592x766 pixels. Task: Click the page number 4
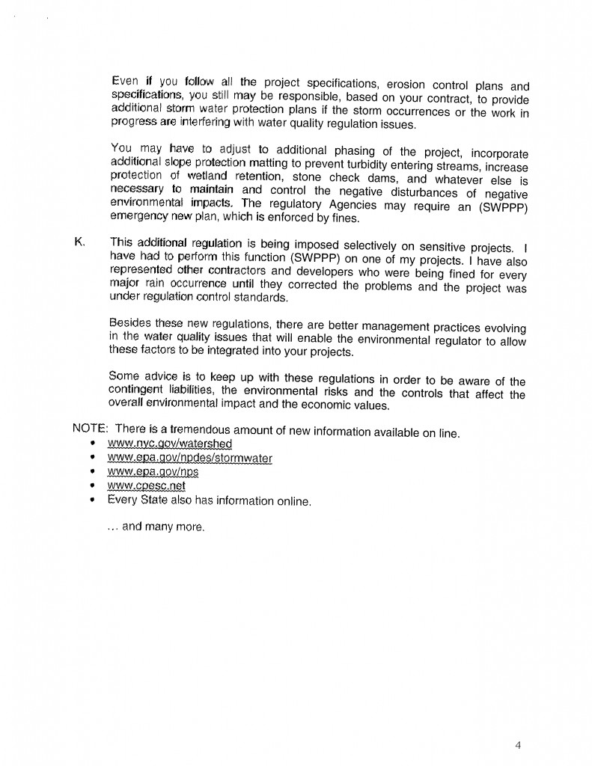(517, 744)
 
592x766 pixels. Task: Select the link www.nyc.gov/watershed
(170, 444)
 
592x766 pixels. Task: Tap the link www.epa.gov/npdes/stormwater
(190, 458)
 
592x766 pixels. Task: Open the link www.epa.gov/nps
(153, 472)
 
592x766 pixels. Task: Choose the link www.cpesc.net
(147, 486)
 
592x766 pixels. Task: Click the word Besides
(131, 324)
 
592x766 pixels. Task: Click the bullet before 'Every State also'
(91, 500)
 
